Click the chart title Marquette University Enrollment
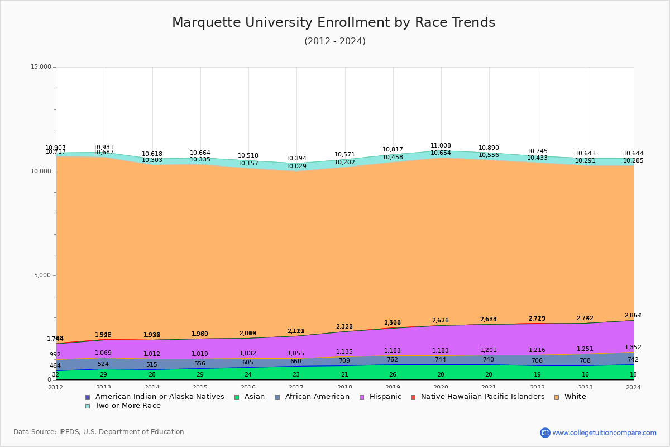click(333, 23)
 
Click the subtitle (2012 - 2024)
click(335, 41)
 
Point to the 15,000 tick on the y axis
click(41, 67)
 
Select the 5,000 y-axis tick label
click(42, 275)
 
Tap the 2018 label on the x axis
click(344, 387)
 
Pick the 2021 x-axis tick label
click(489, 387)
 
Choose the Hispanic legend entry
click(381, 397)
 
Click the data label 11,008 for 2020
click(441, 146)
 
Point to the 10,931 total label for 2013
click(103, 148)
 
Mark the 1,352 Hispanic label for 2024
click(633, 348)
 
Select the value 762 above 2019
click(393, 360)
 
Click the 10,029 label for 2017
click(296, 167)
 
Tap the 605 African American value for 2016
click(247, 363)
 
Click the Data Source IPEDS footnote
click(99, 432)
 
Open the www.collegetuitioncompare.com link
click(604, 432)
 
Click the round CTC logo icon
click(545, 432)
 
